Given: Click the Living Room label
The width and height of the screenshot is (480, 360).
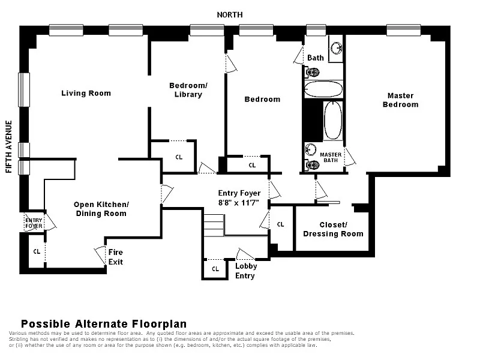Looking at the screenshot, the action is (86, 94).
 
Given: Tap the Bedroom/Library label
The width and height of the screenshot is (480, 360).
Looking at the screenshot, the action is (188, 90).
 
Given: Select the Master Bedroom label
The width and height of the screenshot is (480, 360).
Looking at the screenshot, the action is (400, 100).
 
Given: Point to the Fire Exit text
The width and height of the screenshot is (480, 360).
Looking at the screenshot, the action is (116, 257).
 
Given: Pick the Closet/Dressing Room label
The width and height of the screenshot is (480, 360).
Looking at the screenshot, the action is (333, 229).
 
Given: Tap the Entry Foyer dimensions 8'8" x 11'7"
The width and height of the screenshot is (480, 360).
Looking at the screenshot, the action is (239, 203).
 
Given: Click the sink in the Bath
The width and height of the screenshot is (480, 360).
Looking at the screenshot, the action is (337, 49).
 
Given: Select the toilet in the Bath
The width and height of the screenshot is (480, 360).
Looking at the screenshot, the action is (311, 73).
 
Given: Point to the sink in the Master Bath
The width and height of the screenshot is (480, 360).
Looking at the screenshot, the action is (311, 149).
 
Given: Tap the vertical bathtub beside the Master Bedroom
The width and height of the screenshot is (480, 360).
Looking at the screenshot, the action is (333, 121).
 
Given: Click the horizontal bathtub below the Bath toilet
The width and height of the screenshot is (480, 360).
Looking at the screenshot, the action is (323, 89).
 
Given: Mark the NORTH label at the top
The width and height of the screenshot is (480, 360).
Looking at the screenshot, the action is (230, 14).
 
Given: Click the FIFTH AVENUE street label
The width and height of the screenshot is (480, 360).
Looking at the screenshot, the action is (9, 146).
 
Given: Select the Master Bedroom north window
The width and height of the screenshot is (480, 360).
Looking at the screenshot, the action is (403, 31).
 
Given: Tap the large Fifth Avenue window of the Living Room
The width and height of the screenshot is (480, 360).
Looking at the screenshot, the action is (24, 89).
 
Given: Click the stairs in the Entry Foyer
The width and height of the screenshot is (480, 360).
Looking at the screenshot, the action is (214, 226).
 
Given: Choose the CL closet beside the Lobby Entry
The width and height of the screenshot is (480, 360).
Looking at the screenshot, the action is (215, 269).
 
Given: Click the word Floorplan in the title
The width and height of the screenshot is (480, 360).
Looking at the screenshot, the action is (160, 324).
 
